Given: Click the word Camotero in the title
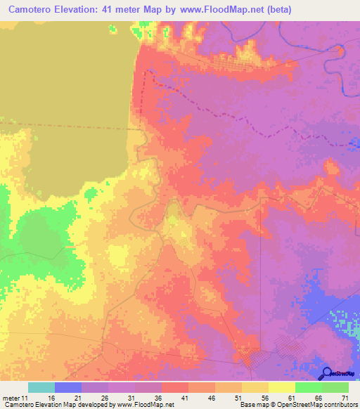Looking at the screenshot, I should coord(33,10).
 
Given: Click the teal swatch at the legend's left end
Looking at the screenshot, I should coord(41,387).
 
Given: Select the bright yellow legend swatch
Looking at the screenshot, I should coord(282,387).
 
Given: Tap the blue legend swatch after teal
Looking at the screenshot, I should coord(68,387).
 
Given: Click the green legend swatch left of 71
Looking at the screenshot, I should coord(335,387).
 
